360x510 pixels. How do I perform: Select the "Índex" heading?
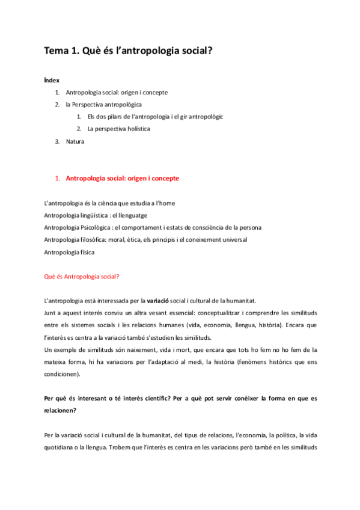pos(52,80)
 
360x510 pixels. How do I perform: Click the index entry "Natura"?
pos(75,141)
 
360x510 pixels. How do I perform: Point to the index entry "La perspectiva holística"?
pos(118,129)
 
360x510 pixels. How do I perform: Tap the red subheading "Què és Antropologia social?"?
pos(82,277)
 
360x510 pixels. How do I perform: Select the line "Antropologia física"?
pos(70,252)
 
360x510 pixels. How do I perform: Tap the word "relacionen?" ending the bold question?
pos(61,411)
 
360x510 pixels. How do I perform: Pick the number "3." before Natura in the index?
pos(57,141)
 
